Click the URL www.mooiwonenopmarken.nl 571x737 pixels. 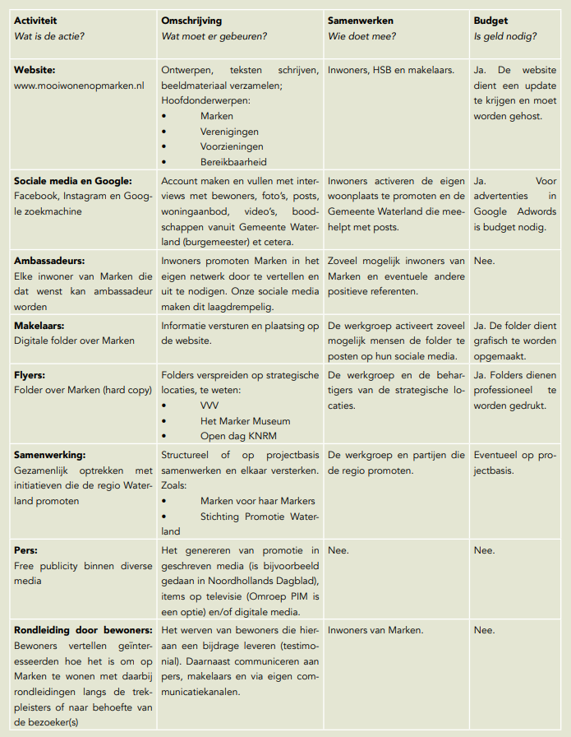(x=79, y=86)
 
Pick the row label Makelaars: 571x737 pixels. (x=40, y=326)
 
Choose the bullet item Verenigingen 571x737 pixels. (x=229, y=132)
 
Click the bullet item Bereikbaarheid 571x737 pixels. (x=233, y=162)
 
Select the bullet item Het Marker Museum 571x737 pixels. (x=245, y=421)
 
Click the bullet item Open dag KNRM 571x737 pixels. (x=238, y=437)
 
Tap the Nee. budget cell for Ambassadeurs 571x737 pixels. (x=485, y=260)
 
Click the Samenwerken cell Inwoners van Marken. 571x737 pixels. (x=375, y=630)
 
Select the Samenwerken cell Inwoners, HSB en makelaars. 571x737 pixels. (x=390, y=71)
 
